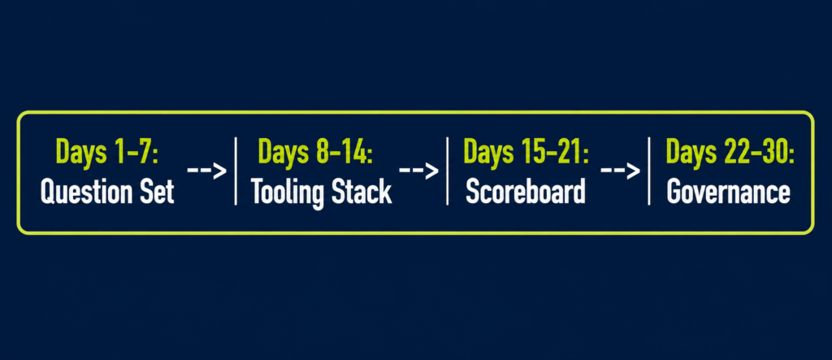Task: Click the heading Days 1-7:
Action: click(x=107, y=152)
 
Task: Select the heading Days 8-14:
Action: click(x=315, y=152)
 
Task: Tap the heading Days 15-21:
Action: click(x=526, y=152)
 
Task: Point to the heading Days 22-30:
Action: click(x=730, y=152)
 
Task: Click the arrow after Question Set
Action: click(x=207, y=171)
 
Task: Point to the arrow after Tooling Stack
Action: click(x=418, y=171)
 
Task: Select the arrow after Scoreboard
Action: click(x=620, y=171)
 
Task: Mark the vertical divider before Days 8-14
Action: click(x=236, y=171)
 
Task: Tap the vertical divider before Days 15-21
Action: click(x=448, y=171)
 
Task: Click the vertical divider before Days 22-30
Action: click(x=649, y=171)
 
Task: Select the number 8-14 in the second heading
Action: click(x=342, y=152)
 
